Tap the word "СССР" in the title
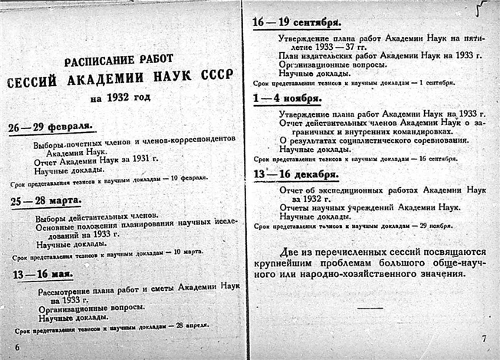point(215,79)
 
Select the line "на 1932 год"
point(121,98)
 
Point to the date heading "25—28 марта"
point(49,202)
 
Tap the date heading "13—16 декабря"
point(295,175)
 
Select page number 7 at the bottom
point(484,339)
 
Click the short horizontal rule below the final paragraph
point(370,307)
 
